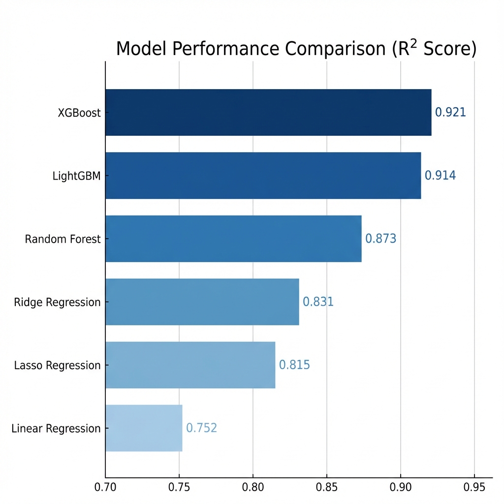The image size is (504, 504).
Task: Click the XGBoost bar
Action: pos(268,112)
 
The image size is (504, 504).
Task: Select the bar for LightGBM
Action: pos(263,175)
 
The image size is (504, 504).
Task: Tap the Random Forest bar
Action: pos(233,239)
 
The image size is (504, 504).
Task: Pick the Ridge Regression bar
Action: pos(202,302)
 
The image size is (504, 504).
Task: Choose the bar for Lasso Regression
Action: pos(190,365)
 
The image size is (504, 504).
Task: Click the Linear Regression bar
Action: pos(144,428)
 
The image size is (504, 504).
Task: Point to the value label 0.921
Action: pos(450,112)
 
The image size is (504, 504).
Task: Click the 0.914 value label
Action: pos(440,175)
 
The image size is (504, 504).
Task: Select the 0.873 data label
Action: pos(380,239)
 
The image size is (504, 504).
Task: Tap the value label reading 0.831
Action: pos(318,302)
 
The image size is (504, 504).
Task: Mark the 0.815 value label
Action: pos(294,365)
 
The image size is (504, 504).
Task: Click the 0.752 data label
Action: pos(201,428)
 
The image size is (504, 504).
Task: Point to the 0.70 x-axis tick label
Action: pos(105,488)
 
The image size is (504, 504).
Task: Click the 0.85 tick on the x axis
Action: pos(327,488)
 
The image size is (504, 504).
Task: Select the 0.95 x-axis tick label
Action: pos(474,488)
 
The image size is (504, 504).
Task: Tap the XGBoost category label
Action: pos(79,113)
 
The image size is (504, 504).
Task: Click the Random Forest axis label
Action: pos(63,239)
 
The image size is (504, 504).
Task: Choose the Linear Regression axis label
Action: pos(56,428)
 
